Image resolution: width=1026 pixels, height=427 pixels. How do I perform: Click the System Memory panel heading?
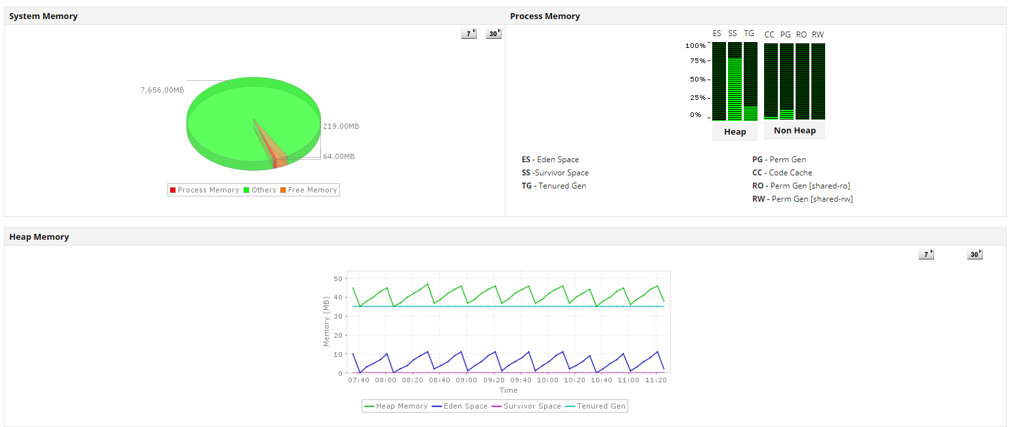(x=43, y=16)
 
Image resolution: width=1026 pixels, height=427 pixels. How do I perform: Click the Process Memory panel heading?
(x=545, y=16)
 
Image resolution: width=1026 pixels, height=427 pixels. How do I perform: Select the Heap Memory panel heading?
(x=39, y=237)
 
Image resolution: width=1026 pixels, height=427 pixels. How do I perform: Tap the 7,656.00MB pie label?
(x=162, y=90)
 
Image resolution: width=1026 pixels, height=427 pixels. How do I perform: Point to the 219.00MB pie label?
(x=341, y=126)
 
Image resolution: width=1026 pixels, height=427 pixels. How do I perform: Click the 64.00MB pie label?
(x=339, y=156)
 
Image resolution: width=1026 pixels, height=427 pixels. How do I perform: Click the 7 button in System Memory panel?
(x=469, y=34)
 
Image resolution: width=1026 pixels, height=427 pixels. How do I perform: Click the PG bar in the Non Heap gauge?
(x=786, y=81)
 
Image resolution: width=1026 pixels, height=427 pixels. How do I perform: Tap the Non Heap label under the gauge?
(x=794, y=131)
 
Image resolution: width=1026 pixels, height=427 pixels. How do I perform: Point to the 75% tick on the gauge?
(x=697, y=61)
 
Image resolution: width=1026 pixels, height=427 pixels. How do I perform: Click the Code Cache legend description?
(x=790, y=173)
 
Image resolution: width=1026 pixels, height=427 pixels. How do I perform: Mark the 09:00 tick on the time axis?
(x=467, y=380)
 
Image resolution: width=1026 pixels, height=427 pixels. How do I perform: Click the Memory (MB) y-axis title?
(x=326, y=321)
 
